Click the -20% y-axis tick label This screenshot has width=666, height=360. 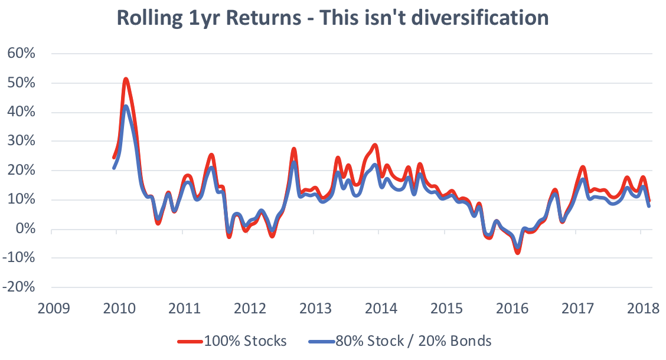(21, 288)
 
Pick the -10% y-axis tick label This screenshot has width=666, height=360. (21, 258)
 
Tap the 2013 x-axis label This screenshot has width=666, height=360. (315, 309)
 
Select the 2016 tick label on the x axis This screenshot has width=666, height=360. (512, 309)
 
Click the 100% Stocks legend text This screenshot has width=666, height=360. (245, 341)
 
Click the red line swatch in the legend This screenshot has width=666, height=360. (190, 342)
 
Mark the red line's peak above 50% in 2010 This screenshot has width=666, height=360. (126, 78)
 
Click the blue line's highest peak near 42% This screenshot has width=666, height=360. (126, 106)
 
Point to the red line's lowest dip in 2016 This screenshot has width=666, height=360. (518, 253)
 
